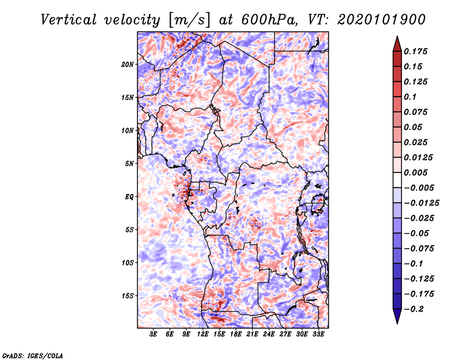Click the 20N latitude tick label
128,65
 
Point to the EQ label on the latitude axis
129,197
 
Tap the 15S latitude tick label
128,296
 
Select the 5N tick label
129,164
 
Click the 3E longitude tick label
153,334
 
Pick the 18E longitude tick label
236,334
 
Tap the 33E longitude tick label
318,334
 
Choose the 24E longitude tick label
269,334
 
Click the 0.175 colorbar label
415,51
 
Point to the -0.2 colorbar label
414,309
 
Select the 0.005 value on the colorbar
415,172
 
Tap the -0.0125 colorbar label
421,203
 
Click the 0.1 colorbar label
410,97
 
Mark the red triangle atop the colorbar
397,44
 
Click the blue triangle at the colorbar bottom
397,316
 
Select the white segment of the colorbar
397,180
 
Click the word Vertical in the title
69,20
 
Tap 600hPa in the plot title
269,20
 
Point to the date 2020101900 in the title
382,20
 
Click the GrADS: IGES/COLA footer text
33,355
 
